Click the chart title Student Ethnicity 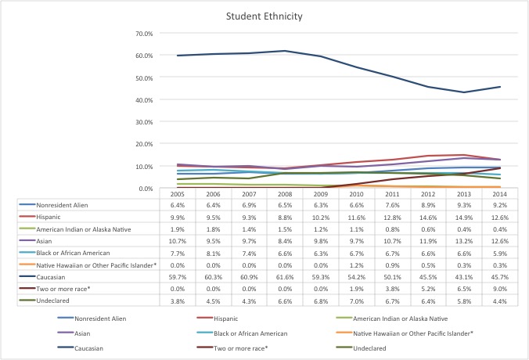[x=264, y=16]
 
